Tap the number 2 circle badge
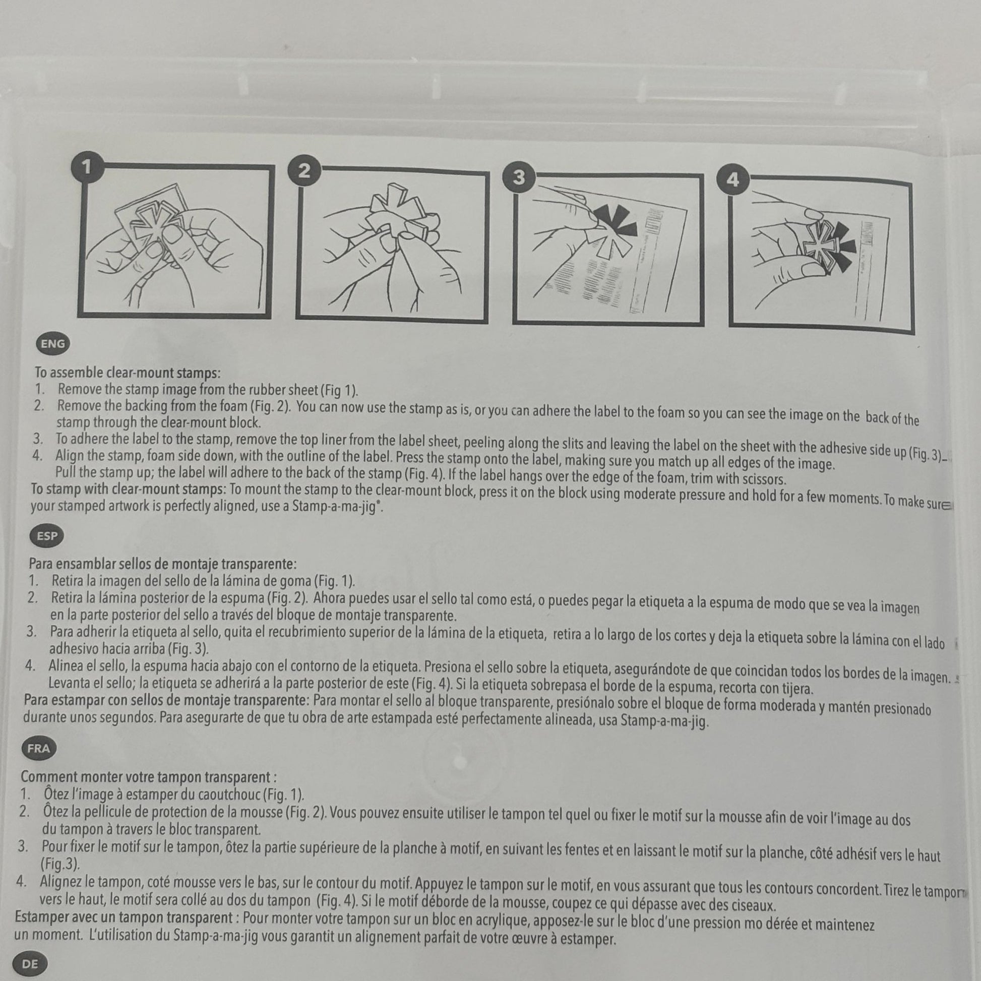[303, 171]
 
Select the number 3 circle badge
[518, 178]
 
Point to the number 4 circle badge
[732, 180]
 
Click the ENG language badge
[53, 344]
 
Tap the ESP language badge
[47, 536]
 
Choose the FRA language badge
[39, 748]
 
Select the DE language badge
[30, 963]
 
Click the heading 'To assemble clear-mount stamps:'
[128, 373]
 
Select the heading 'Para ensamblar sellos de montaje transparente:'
[162, 564]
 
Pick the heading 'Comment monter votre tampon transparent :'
[149, 777]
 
